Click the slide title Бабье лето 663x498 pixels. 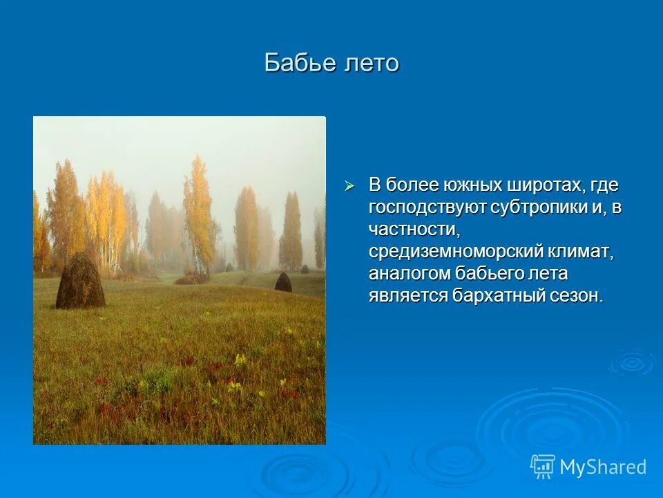[331, 63]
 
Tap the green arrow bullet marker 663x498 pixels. [349, 185]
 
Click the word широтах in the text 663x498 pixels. [539, 185]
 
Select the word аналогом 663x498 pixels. [408, 273]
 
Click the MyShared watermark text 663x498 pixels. [603, 467]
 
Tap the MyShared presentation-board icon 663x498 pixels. [543, 467]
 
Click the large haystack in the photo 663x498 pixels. [80, 282]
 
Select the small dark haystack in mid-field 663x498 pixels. [283, 282]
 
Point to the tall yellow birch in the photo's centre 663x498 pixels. [198, 207]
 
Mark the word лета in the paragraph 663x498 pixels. [547, 273]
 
